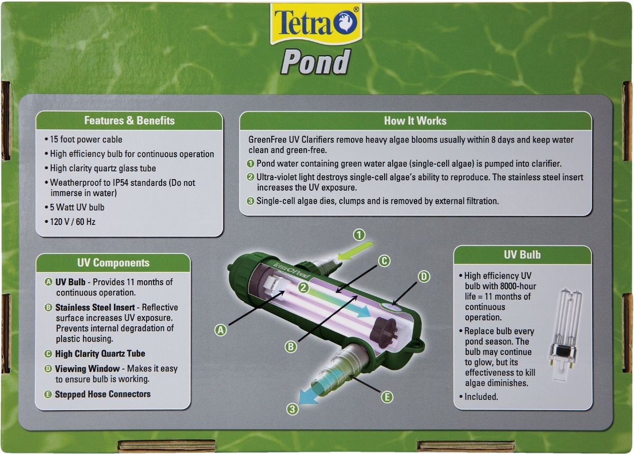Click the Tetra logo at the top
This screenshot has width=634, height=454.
(x=316, y=24)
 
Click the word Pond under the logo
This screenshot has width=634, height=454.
(x=315, y=61)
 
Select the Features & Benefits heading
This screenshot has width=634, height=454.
(x=129, y=120)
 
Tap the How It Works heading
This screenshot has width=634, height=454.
(x=415, y=121)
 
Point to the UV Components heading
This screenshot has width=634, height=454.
(x=113, y=263)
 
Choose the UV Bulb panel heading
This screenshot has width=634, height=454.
(x=522, y=255)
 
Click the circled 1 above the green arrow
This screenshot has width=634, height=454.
(x=359, y=235)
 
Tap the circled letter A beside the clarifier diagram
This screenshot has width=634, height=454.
(x=220, y=330)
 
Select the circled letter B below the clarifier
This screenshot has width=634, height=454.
(x=291, y=347)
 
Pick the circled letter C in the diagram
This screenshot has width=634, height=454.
(x=384, y=261)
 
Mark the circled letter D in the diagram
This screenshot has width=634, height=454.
(x=424, y=277)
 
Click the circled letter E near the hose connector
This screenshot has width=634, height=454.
(x=387, y=397)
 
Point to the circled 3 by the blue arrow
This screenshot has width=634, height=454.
(x=292, y=409)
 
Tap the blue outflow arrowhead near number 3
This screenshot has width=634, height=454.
(x=309, y=395)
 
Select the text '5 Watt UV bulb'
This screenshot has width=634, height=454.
(x=77, y=207)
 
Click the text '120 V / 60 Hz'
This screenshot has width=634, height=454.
(x=72, y=222)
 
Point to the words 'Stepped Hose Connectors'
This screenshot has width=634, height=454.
(x=102, y=394)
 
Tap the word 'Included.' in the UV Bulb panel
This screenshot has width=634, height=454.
(x=481, y=396)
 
